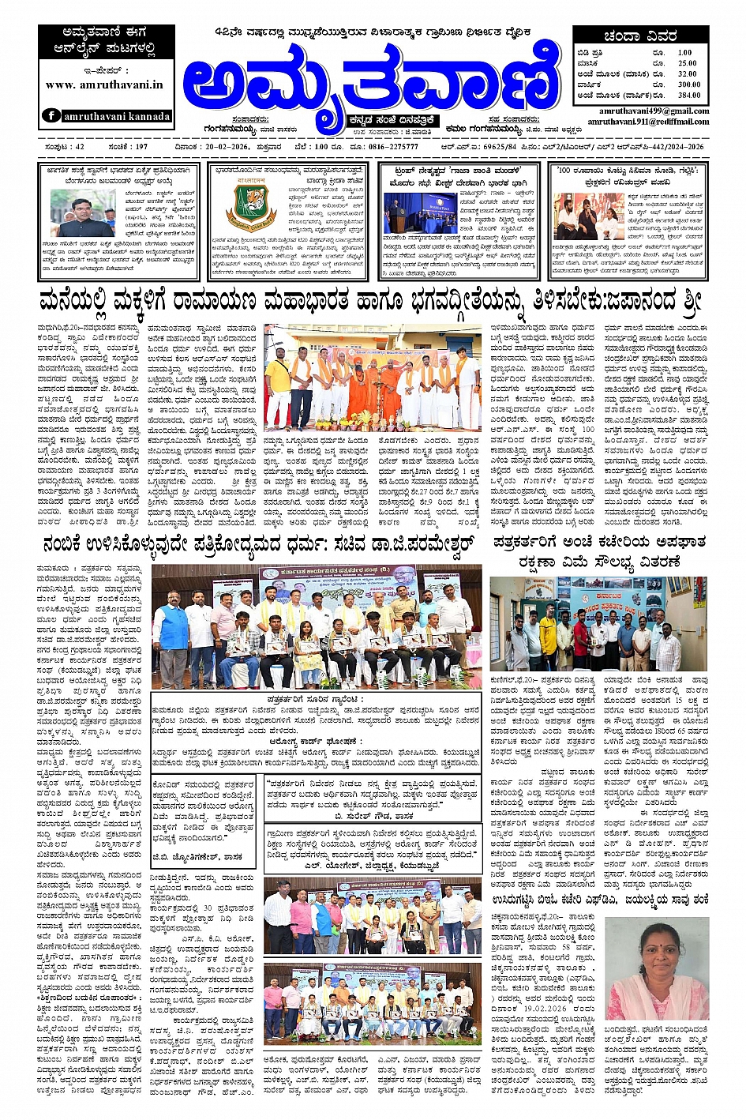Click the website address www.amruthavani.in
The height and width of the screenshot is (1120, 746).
pyautogui.click(x=104, y=85)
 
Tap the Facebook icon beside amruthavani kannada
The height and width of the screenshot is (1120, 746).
pyautogui.click(x=51, y=115)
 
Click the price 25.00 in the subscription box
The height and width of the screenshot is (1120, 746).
pyautogui.click(x=687, y=63)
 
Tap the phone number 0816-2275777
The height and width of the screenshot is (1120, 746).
pyautogui.click(x=391, y=147)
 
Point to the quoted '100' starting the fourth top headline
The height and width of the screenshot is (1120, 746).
pyautogui.click(x=566, y=170)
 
